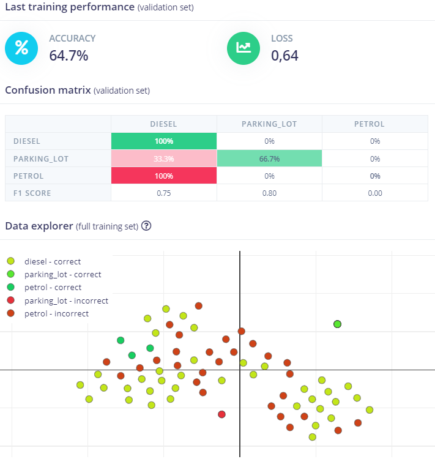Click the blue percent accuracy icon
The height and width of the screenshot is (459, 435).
22,48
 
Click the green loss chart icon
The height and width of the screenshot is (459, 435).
244,48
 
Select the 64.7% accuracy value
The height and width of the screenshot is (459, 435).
69,56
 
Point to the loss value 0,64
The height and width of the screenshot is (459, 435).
284,56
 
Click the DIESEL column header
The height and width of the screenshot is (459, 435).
163,124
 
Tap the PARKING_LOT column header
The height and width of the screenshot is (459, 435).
269,124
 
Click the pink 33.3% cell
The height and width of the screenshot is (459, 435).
163,159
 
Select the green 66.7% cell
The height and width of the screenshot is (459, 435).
269,159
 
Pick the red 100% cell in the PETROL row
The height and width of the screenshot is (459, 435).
163,176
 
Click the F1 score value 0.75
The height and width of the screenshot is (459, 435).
163,193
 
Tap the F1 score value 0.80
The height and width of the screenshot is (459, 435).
269,193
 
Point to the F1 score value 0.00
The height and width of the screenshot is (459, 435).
374,193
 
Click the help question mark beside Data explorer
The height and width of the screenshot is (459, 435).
146,226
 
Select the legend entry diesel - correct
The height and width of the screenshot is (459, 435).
52,261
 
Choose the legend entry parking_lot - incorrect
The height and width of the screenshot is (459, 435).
66,300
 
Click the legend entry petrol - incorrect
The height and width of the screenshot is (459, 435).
56,314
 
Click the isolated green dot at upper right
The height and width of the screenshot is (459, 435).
337,324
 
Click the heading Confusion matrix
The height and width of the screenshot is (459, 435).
47,90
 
